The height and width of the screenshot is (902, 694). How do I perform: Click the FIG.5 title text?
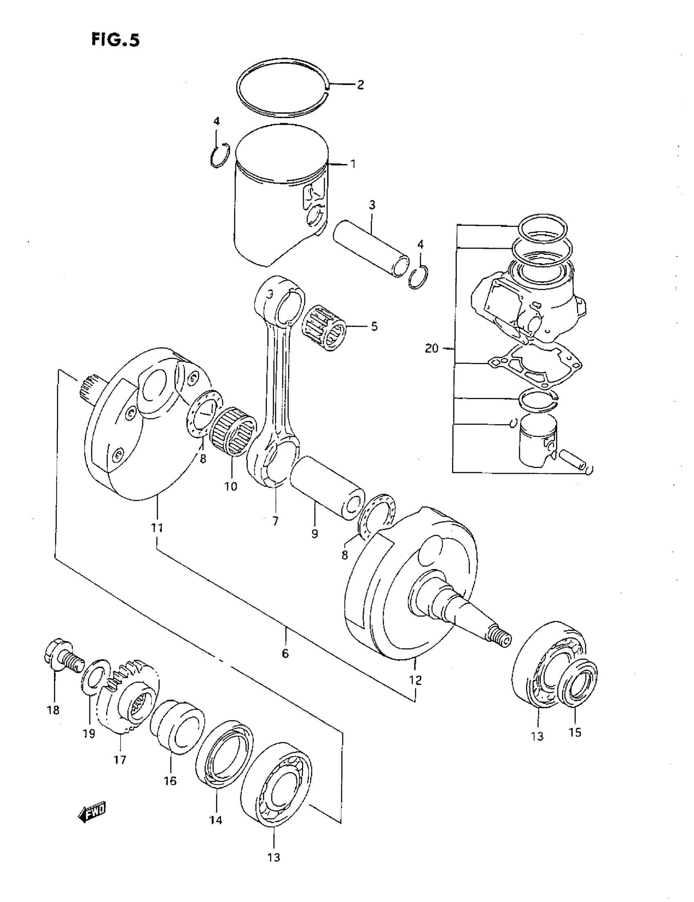point(116,40)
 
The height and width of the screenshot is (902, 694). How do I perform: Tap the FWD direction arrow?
point(91,813)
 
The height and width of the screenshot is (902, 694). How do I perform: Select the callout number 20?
point(432,349)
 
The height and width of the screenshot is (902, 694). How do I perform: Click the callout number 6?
point(285,654)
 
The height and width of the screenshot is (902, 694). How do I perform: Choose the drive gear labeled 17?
point(128,702)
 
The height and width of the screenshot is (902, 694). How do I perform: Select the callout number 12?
point(415,680)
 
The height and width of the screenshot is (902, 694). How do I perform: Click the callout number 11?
point(157,528)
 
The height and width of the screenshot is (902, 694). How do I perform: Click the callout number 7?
point(275,521)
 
